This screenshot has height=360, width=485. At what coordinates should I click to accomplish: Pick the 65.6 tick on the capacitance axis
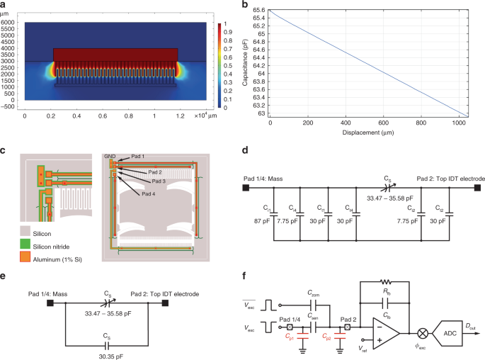[x=261, y=9]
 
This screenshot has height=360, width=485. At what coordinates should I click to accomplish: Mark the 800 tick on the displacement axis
[x=421, y=122]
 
